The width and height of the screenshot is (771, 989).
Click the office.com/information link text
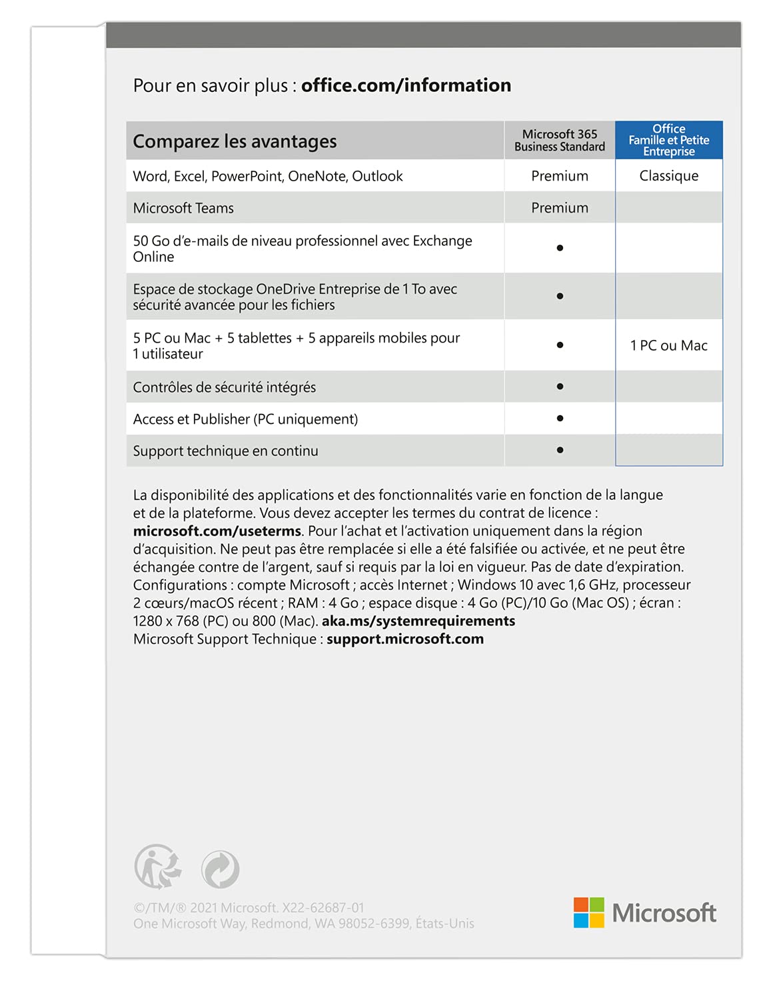point(406,85)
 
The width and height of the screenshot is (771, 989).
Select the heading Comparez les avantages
point(235,141)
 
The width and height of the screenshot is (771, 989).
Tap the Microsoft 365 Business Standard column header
point(559,140)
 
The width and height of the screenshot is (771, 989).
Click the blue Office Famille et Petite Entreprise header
point(668,140)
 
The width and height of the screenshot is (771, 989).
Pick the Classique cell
point(668,176)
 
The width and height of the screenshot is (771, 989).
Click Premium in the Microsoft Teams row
point(559,208)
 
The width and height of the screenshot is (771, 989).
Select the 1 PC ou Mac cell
point(668,345)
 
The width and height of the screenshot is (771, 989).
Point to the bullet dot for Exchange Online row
point(560,248)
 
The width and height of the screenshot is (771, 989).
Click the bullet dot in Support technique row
point(560,450)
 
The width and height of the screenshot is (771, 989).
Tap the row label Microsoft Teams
point(183,208)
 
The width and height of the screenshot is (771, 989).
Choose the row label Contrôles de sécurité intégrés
point(224,387)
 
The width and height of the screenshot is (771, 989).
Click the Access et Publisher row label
point(245,419)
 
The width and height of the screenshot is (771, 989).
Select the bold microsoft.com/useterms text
point(217,531)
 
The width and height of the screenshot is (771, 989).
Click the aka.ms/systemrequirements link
point(418,621)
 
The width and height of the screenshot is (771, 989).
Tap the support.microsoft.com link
point(405,639)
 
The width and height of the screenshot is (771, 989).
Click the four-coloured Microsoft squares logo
point(588,912)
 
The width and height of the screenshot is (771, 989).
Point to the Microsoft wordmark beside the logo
point(664,913)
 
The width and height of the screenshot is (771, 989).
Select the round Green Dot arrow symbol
point(221,869)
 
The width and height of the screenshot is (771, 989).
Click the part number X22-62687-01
point(323,908)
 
